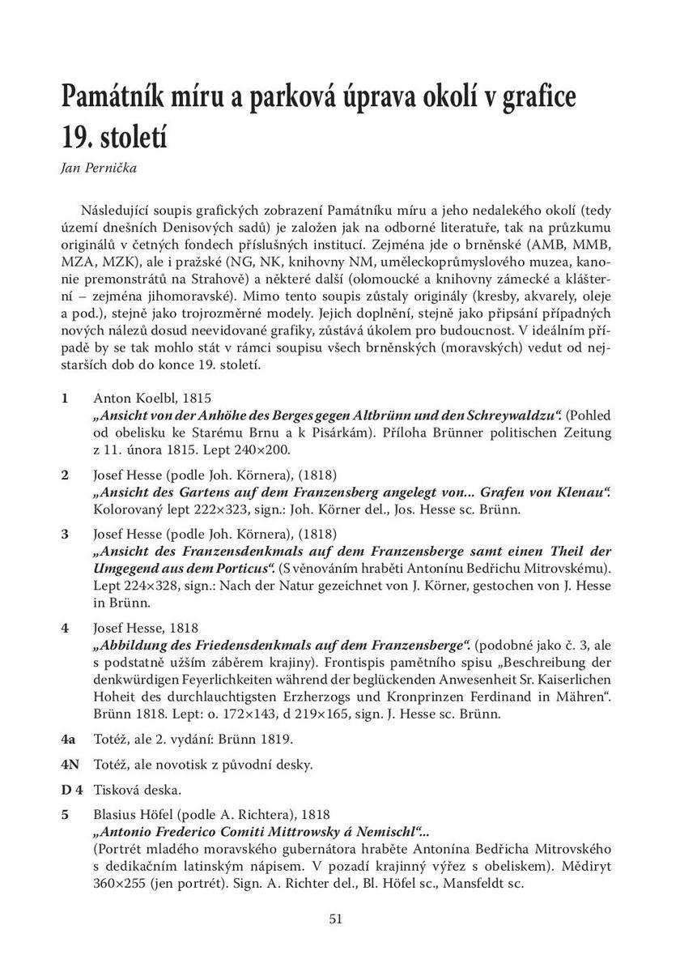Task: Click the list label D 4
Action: [x=71, y=789]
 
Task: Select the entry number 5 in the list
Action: [x=64, y=814]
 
